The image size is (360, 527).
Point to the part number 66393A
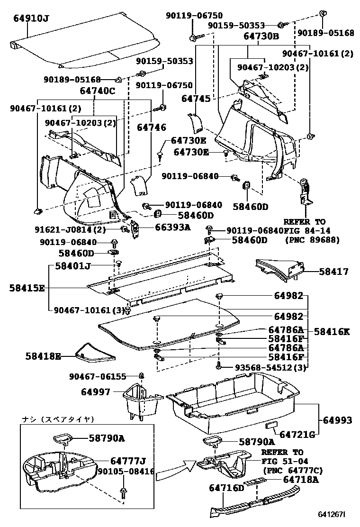[172, 227]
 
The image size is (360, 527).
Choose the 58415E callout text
[27, 288]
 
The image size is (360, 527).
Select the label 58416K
[332, 332]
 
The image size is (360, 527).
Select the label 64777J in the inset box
[127, 460]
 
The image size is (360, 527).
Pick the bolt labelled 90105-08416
[124, 492]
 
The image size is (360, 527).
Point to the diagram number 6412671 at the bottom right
[332, 514]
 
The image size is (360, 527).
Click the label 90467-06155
[97, 377]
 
